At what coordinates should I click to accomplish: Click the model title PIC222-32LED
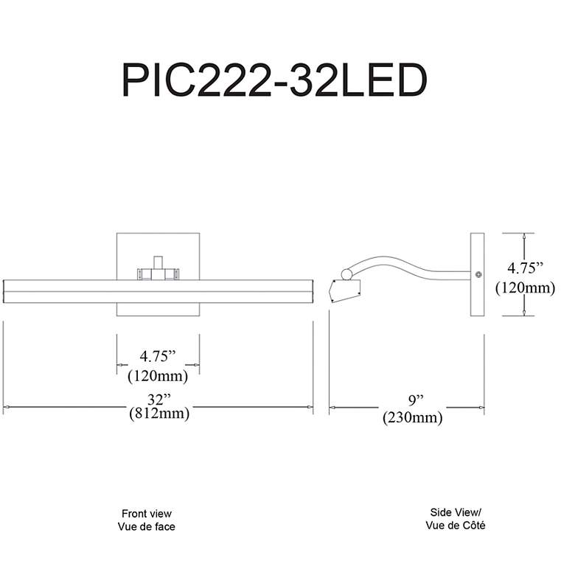pos(274,80)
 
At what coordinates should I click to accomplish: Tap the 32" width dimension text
pos(159,400)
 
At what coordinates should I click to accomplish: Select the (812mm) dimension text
pos(159,414)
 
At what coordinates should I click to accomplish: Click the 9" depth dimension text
pos(417,400)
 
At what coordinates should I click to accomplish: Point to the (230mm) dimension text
pos(413,417)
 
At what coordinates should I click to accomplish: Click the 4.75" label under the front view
pos(158,356)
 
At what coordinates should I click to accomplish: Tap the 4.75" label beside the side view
pos(525,268)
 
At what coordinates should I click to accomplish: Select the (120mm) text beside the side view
pos(525,287)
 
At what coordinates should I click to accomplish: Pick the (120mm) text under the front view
pos(158,376)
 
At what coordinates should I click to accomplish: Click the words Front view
pos(147,513)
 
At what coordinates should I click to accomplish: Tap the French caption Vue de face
pos(146,526)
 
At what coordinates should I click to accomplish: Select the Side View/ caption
pos(456,512)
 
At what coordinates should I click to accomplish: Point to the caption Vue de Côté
pos(456,525)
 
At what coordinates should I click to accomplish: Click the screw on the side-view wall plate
pos(478,274)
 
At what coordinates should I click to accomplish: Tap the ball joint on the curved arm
pos(346,274)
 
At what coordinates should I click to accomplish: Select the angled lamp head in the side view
pos(345,291)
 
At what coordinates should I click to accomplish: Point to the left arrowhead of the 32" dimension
pos(5,407)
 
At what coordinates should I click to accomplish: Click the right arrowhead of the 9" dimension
pos(481,408)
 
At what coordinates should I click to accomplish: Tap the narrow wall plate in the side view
pos(478,274)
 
